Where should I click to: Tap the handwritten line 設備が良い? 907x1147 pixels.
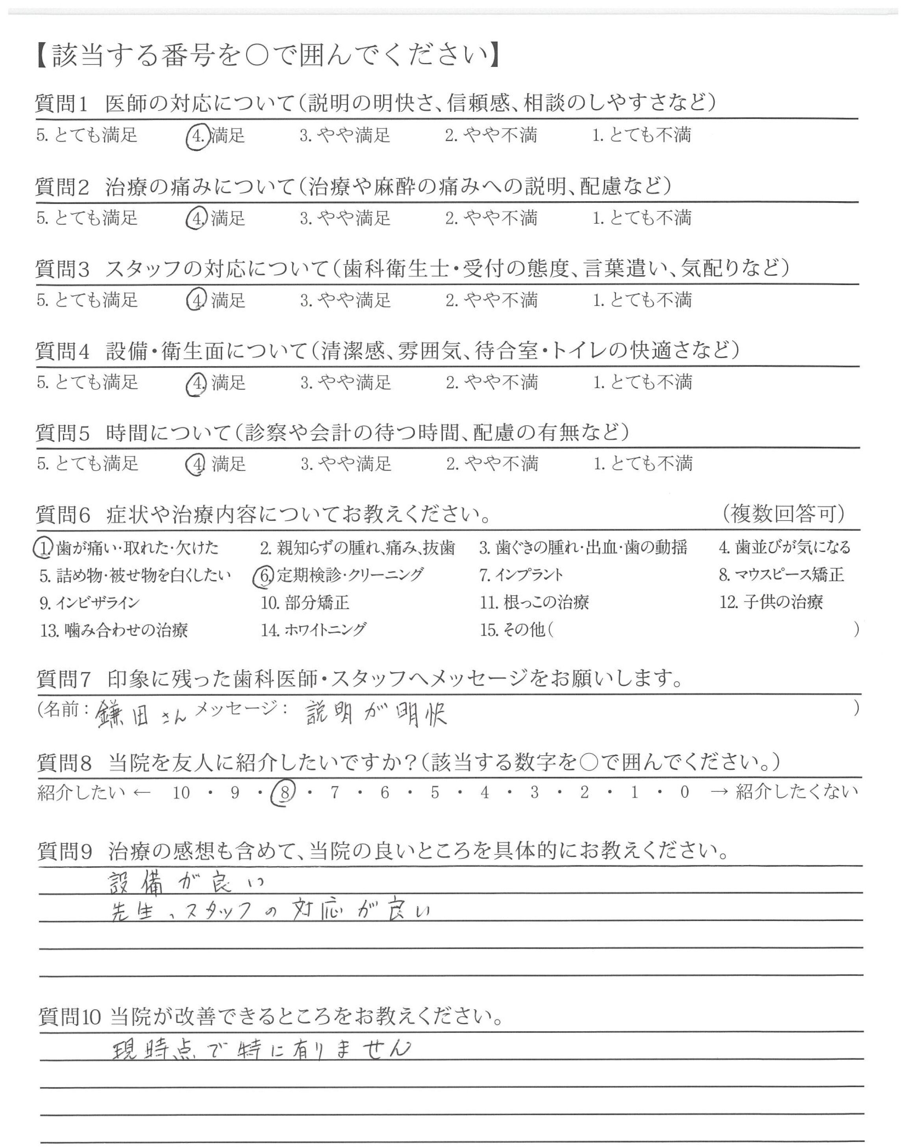[x=186, y=882]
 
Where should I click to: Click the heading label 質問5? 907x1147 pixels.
[x=63, y=433]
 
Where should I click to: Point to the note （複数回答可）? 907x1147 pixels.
[x=784, y=513]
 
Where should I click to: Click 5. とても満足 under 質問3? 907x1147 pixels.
[x=88, y=300]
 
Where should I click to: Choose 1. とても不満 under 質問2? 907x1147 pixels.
[x=642, y=218]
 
